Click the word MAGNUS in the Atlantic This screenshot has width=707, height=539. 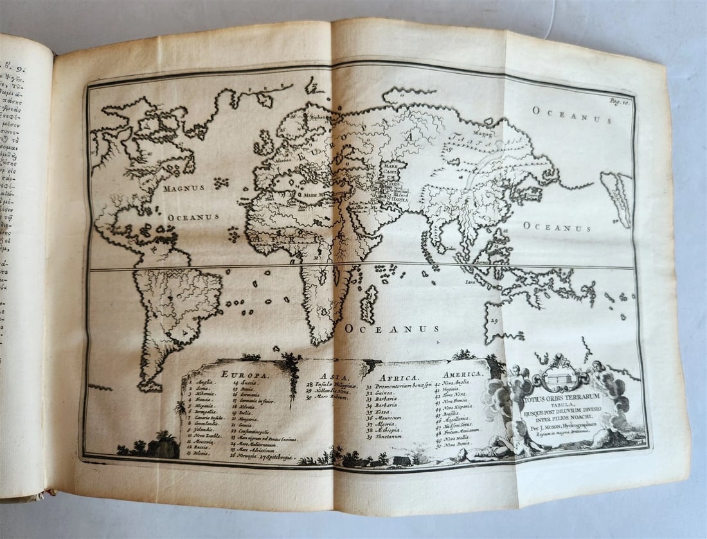coord(184,188)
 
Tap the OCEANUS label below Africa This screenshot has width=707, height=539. coord(392,329)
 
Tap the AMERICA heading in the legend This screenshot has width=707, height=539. coord(463,374)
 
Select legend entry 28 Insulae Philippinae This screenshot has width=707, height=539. coord(334,384)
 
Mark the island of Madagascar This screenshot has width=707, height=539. coord(369,303)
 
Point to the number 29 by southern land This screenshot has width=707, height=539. coord(494,321)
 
